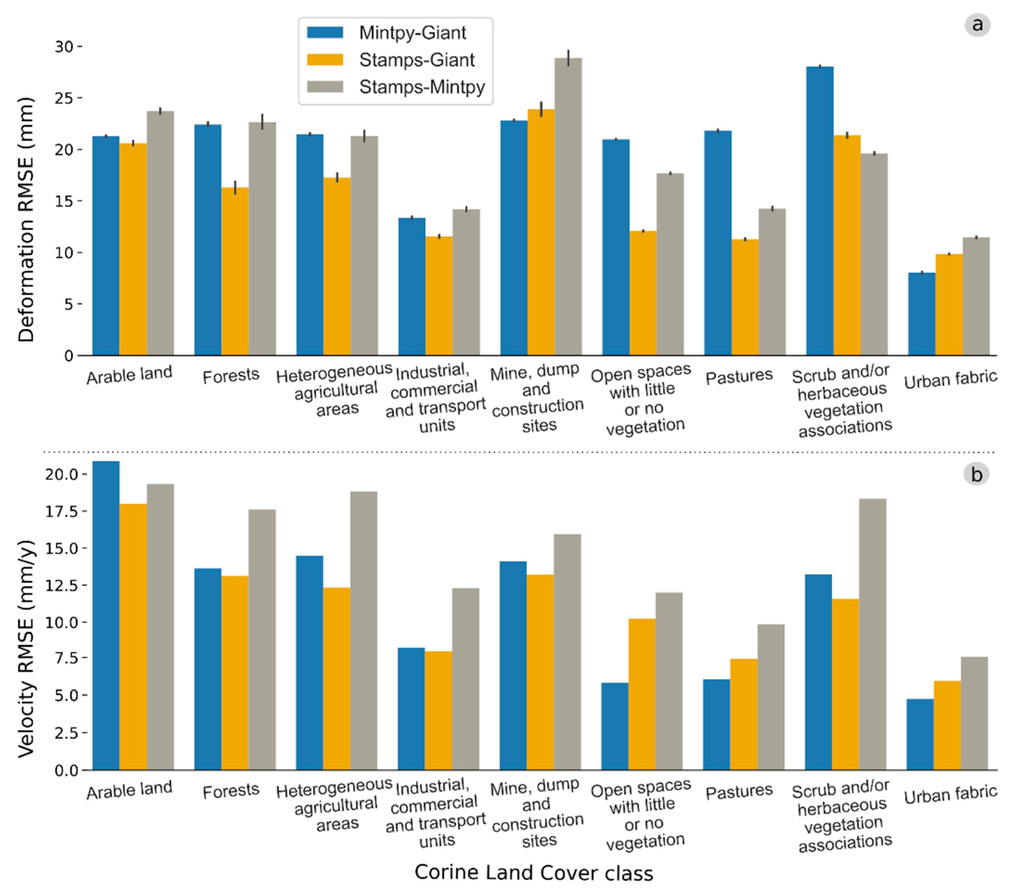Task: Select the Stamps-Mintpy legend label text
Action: point(422,87)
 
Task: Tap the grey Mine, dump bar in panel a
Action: point(568,206)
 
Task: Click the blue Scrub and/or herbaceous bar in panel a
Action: point(820,211)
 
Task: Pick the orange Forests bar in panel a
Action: point(235,271)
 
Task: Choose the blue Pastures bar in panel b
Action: point(717,724)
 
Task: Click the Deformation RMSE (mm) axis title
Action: point(26,219)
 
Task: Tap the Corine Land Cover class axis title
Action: point(533,872)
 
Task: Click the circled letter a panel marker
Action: point(977,25)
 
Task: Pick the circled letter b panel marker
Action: point(976,474)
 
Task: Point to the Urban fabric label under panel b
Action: point(950,795)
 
